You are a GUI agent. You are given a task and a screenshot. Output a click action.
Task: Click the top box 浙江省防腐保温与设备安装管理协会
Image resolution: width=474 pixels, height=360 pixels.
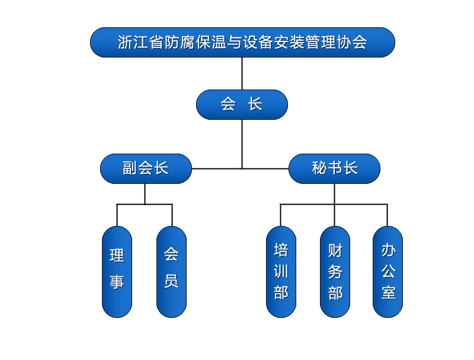242,43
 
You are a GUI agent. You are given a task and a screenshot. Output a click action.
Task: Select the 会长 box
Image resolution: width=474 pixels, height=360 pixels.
242,105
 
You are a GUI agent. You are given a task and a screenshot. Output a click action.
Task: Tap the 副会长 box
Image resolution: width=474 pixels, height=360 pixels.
146,168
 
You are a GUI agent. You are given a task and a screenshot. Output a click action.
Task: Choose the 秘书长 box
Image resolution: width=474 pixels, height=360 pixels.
334,168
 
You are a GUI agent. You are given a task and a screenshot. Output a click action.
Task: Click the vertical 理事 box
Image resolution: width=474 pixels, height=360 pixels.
117,272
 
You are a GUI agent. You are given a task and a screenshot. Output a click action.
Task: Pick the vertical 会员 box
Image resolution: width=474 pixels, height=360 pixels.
171,272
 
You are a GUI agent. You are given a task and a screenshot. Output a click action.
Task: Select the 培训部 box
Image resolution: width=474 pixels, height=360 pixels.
281,272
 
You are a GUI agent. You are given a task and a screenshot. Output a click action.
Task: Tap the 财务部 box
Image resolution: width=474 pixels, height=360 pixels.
335,272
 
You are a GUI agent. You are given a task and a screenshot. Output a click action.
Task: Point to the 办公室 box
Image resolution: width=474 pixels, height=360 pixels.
387,272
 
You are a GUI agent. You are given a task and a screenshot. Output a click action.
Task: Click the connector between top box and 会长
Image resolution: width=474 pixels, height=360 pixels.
242,74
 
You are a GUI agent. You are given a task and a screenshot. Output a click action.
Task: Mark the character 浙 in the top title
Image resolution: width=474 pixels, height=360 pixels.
124,43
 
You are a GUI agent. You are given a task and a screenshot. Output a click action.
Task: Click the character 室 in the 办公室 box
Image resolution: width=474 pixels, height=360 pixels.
388,292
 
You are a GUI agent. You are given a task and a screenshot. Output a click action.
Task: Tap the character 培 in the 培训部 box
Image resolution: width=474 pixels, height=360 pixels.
281,249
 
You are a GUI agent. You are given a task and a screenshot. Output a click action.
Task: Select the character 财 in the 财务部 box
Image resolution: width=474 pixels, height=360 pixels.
335,250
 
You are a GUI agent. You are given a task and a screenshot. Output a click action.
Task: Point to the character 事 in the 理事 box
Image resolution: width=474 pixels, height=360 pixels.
117,281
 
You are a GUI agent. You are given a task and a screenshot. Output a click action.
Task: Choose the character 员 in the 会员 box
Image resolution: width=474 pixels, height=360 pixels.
171,280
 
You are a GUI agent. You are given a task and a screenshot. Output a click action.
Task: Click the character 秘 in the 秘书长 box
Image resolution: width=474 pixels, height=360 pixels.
319,168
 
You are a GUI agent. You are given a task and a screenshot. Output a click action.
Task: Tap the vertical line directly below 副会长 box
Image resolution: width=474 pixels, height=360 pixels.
145,194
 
